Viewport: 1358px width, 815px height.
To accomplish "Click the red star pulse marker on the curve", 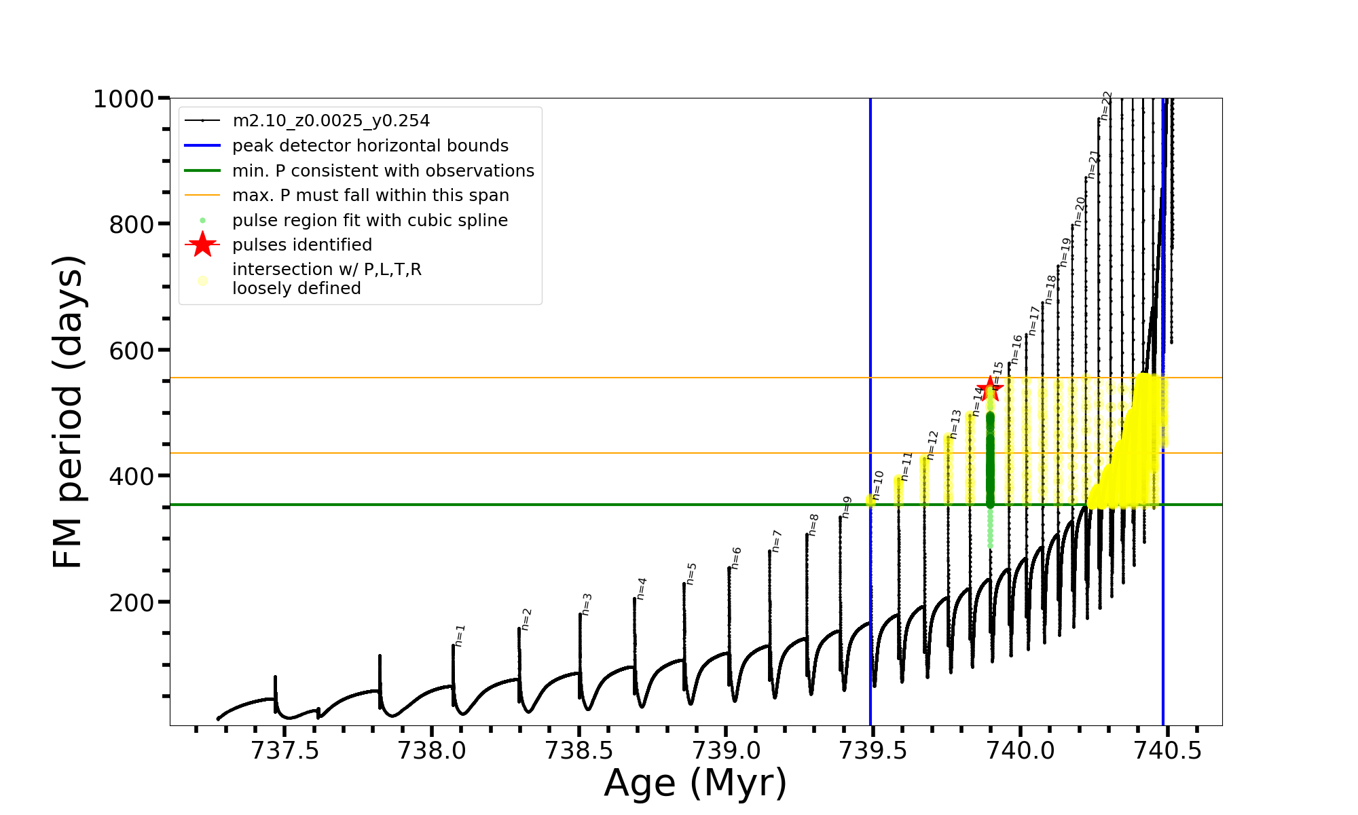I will [990, 389].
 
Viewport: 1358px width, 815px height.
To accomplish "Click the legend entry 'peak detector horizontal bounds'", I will [370, 146].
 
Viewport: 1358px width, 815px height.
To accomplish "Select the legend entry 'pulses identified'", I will [302, 245].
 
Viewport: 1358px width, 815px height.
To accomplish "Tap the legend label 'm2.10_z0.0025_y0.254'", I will [331, 121].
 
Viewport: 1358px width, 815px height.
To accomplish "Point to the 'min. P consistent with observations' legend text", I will [383, 171].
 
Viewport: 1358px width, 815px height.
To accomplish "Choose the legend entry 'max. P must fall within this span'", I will [370, 196].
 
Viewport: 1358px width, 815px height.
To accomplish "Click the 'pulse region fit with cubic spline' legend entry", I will [369, 221].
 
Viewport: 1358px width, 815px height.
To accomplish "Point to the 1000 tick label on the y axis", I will [124, 99].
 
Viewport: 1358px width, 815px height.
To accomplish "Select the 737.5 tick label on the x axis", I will [285, 751].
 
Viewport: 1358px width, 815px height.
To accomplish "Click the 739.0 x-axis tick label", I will [726, 751].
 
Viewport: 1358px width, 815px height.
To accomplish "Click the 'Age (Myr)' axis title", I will [695, 783].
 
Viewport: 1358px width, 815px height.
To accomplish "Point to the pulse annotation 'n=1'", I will [460, 636].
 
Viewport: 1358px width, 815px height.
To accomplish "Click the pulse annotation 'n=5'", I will [691, 574].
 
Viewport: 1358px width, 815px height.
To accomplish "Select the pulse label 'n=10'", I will [878, 485].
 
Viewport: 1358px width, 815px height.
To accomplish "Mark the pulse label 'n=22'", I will [1106, 106].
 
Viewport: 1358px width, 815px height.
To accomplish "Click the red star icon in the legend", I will [202, 245].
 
